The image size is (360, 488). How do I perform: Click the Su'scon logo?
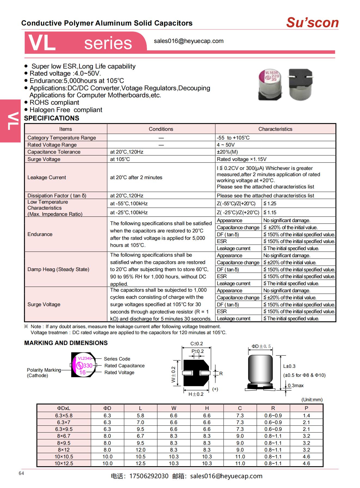312,23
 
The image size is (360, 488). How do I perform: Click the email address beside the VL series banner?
189,41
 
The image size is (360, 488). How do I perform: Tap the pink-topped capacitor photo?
270,85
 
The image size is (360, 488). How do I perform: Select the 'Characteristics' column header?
275,129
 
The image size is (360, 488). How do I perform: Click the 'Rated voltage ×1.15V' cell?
242,159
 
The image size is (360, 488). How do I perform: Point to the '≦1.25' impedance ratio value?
270,203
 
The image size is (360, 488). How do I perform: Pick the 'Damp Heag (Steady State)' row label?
58,269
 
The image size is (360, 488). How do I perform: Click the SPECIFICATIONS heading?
52,118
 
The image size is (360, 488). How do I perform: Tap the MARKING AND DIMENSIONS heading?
66,343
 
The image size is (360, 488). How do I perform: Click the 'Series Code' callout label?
117,359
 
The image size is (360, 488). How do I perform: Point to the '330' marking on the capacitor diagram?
88,365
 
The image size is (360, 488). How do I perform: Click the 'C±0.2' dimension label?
196,344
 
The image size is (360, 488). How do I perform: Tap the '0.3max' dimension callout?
296,385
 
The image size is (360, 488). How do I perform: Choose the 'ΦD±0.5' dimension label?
261,346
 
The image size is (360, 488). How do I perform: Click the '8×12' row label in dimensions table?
64,450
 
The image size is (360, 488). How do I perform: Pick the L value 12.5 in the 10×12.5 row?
140,463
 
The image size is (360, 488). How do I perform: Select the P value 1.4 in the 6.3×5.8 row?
306,415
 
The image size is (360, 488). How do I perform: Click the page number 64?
21,473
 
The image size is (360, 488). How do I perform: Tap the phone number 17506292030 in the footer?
149,476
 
